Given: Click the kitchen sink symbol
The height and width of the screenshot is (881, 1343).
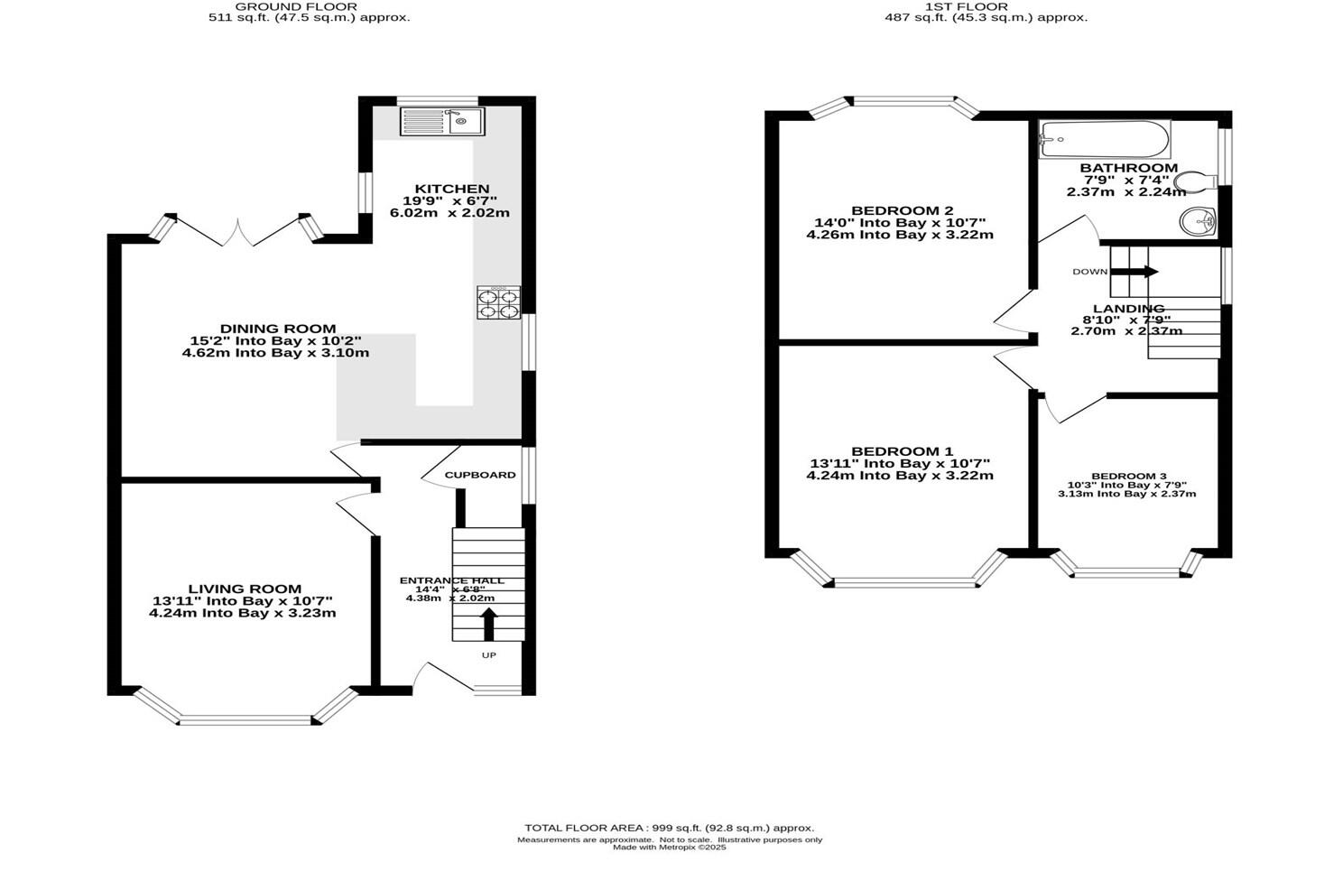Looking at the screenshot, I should point(442,121).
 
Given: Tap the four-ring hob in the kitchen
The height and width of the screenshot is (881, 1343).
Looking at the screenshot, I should point(499,302).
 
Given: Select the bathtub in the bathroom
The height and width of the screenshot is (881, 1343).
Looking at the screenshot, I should point(1104,140).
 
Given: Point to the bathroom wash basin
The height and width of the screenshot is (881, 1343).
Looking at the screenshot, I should point(1199,219).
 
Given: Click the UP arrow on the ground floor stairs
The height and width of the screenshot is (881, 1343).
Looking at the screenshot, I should point(488,624).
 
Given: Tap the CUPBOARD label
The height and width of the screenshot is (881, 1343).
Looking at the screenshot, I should point(480,475).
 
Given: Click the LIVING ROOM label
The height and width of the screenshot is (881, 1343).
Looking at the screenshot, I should point(245,589).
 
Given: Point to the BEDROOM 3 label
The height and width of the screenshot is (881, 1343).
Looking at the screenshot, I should point(1128,476).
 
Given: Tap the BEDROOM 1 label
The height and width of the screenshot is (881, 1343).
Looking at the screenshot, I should point(902,451).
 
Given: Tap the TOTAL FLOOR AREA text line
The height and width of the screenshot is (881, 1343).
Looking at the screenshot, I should point(669,828).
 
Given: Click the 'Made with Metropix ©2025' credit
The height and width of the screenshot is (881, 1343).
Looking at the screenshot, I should point(669,848).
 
